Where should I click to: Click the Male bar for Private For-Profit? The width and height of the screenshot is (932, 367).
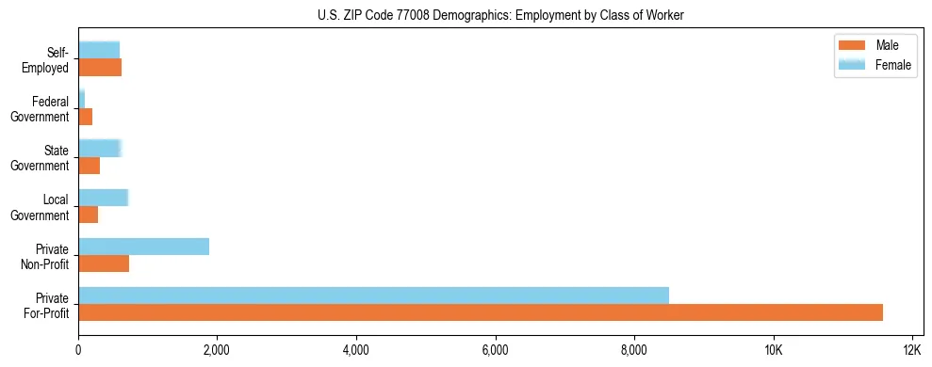(x=481, y=312)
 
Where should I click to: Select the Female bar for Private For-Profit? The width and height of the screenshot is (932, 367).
(x=373, y=295)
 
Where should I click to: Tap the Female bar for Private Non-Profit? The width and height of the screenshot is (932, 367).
(x=143, y=247)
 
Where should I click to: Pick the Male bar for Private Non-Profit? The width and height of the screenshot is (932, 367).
(x=104, y=263)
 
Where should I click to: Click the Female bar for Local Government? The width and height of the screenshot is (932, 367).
(x=103, y=198)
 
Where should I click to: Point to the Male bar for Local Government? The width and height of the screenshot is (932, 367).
(x=88, y=215)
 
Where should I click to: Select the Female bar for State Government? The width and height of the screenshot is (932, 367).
(x=100, y=148)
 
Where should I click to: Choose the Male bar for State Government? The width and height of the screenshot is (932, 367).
(x=89, y=166)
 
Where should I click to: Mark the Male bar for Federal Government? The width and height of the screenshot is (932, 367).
(x=85, y=117)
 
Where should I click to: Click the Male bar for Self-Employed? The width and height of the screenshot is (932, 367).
(x=100, y=68)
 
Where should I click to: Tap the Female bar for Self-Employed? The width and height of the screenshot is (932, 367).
(x=99, y=50)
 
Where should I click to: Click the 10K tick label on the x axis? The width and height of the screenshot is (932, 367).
(x=773, y=350)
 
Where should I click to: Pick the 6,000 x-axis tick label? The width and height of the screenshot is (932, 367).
(x=495, y=350)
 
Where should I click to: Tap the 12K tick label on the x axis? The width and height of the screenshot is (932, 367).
(x=911, y=350)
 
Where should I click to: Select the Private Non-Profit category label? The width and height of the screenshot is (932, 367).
(x=45, y=256)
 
